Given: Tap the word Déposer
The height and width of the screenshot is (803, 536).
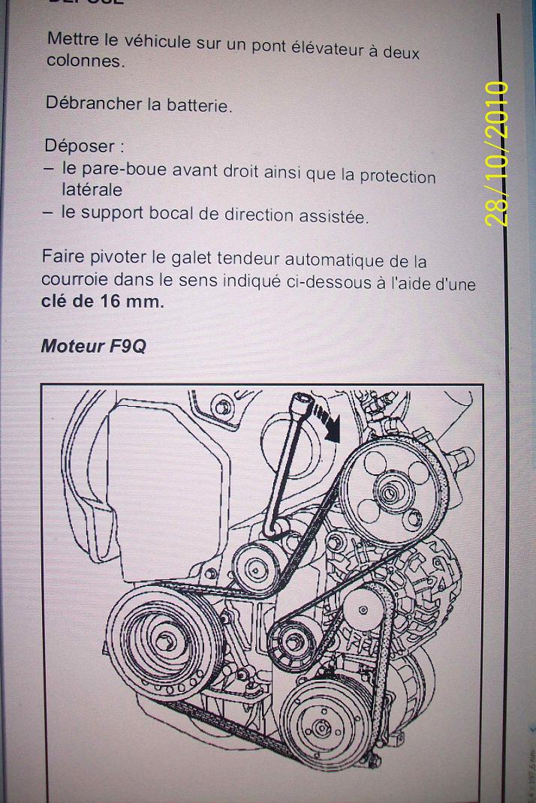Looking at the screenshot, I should pos(78,146).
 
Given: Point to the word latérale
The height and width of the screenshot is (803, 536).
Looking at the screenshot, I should pos(92,191).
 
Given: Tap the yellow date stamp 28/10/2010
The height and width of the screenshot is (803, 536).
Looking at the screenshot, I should pos(497,154).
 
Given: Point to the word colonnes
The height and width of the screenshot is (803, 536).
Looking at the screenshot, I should pos(84,62).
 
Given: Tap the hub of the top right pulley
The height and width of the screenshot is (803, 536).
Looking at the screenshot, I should pos(390,494).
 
